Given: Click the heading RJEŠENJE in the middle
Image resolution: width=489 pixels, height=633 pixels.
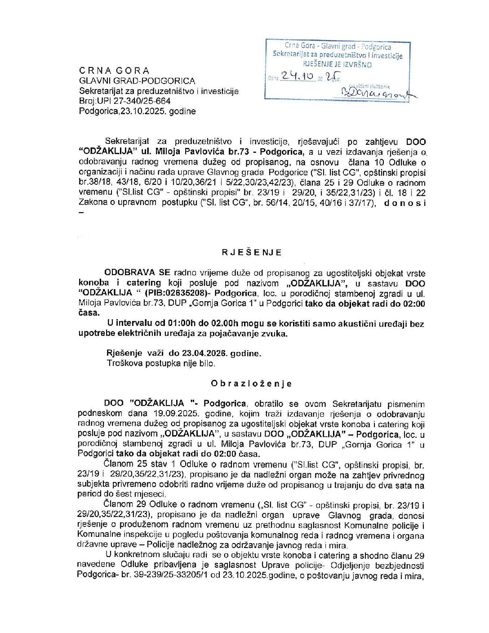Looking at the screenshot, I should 252,252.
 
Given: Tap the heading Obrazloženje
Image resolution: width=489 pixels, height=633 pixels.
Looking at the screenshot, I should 251,383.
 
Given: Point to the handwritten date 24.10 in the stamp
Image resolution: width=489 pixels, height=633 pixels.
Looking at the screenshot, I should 297,77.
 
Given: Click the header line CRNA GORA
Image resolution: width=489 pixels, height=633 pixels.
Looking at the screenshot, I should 114,71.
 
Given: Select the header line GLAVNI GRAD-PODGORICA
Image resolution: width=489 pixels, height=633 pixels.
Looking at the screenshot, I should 137,81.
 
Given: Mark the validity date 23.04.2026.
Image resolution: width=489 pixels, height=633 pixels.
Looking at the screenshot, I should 205,353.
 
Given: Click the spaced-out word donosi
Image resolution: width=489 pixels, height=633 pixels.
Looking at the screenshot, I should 405,203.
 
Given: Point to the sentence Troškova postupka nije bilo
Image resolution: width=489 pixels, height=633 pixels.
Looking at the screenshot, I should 161,363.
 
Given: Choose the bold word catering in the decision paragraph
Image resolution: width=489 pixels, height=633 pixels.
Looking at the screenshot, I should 143,283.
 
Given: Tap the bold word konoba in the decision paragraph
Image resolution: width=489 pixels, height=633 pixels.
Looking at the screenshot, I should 94,283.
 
